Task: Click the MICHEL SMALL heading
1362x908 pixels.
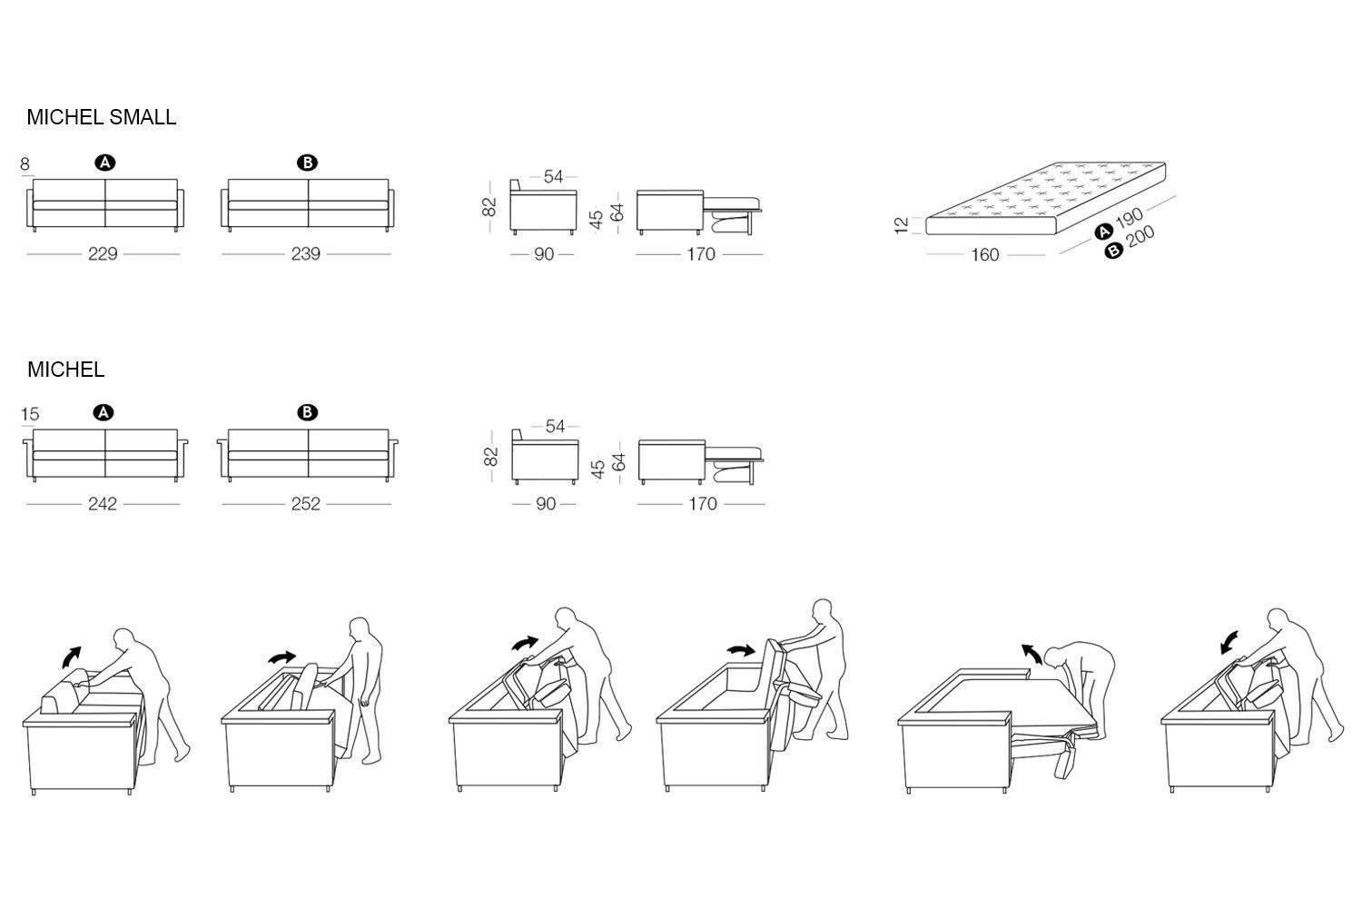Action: click(x=101, y=117)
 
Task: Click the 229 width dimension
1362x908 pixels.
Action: click(x=103, y=254)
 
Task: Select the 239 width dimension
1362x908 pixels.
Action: click(x=306, y=254)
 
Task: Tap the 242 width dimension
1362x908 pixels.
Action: click(x=103, y=504)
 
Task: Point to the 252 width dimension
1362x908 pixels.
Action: click(x=306, y=504)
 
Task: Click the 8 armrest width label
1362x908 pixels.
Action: click(x=25, y=164)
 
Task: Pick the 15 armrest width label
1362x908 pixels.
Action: click(x=29, y=414)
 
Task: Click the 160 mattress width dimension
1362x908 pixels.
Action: click(x=985, y=255)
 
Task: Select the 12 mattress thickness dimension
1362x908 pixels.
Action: click(x=902, y=224)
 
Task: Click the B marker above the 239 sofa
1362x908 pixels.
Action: click(x=308, y=163)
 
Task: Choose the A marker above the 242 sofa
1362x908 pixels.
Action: click(x=104, y=413)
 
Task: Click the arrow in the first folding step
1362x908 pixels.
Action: click(x=69, y=656)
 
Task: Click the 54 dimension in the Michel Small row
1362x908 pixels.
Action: click(x=553, y=177)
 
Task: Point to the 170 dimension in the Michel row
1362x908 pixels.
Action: click(x=703, y=504)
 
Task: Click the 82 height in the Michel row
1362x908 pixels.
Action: click(x=491, y=456)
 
